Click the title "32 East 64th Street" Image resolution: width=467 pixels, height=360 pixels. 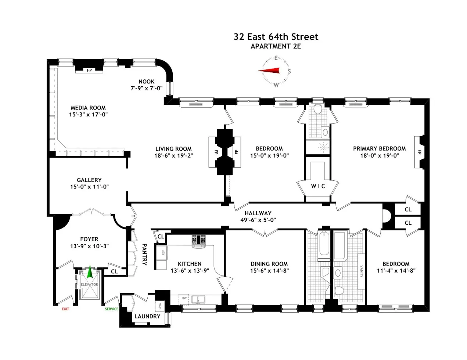pyautogui.click(x=276, y=37)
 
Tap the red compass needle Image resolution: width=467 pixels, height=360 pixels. pyautogui.click(x=271, y=71)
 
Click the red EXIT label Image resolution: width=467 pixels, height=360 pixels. pyautogui.click(x=65, y=309)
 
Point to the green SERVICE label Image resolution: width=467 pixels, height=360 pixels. pyautogui.click(x=111, y=309)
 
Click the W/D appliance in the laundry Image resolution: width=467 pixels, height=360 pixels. pyautogui.click(x=160, y=306)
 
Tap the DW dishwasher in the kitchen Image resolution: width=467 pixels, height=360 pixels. pyautogui.click(x=184, y=298)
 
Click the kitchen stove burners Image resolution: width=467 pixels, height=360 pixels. pyautogui.click(x=199, y=240)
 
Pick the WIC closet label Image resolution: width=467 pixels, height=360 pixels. pyautogui.click(x=318, y=186)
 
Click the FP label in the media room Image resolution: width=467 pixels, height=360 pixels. pyautogui.click(x=89, y=70)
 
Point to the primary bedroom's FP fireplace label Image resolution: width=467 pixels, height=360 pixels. pyautogui.click(x=419, y=152)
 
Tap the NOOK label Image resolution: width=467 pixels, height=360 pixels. pyautogui.click(x=146, y=82)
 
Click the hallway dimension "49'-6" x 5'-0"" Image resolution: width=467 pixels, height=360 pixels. pyautogui.click(x=258, y=220)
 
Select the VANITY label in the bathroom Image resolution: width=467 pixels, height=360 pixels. pyautogui.click(x=361, y=271)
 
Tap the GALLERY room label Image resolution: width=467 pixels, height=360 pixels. pyautogui.click(x=89, y=180)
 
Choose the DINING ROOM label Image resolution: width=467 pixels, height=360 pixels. pyautogui.click(x=269, y=264)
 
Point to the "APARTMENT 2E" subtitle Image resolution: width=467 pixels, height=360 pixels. pyautogui.click(x=276, y=46)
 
